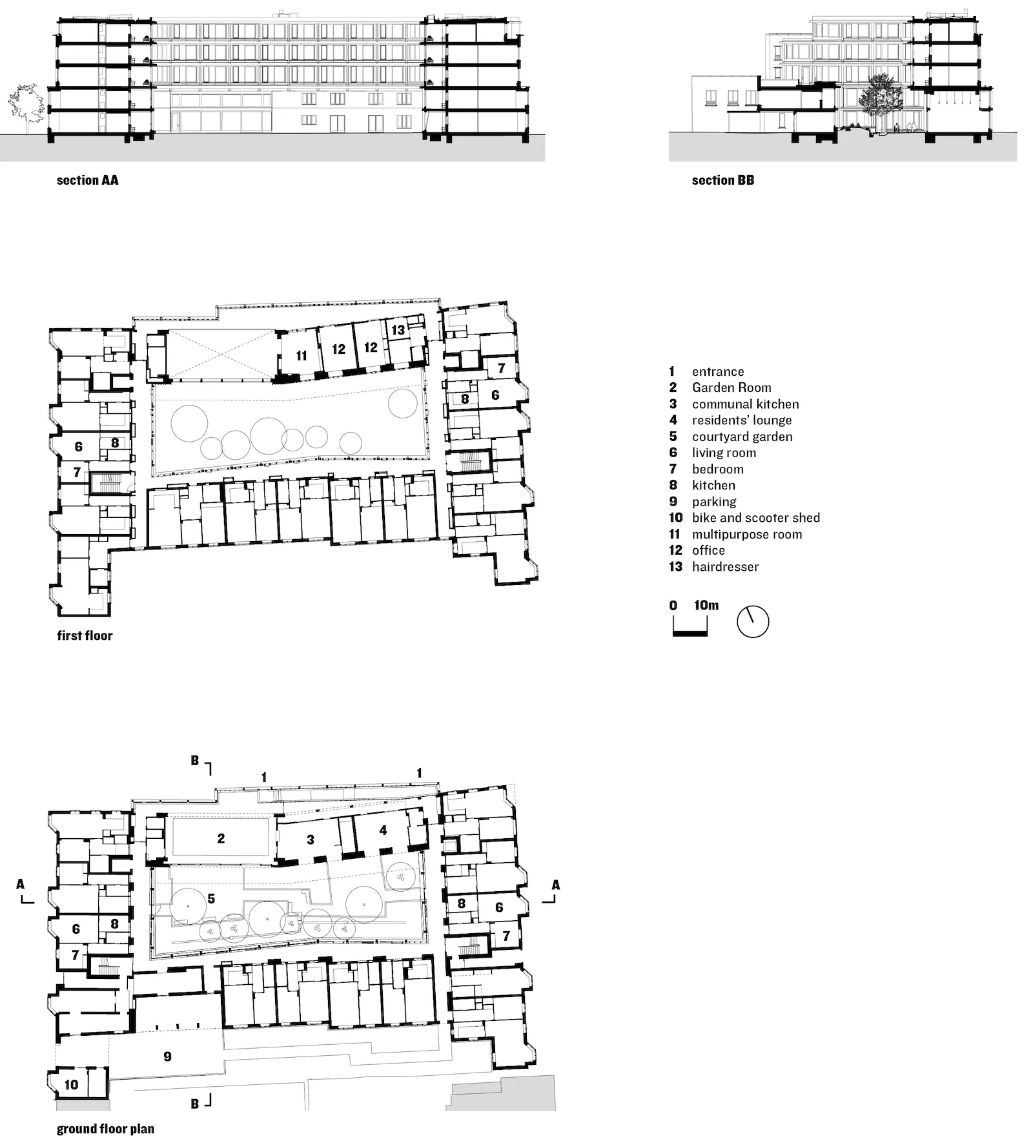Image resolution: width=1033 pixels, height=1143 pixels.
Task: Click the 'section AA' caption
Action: [x=87, y=180]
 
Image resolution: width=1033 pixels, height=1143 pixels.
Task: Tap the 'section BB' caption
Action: [x=722, y=180]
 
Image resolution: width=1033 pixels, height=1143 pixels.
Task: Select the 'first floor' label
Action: [x=85, y=635]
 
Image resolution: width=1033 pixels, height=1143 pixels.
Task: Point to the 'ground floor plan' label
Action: [x=105, y=1129]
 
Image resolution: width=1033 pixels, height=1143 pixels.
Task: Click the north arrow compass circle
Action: [x=753, y=622]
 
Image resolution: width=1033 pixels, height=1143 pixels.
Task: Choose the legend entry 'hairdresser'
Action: [x=725, y=566]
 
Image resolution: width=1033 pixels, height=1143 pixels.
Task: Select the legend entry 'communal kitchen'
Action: [x=745, y=404]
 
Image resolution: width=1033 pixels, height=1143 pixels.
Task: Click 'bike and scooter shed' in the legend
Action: [x=755, y=517]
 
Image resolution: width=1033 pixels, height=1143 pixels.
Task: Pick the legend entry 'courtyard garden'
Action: [x=742, y=437]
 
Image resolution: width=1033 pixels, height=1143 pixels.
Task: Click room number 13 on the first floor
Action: [x=398, y=330]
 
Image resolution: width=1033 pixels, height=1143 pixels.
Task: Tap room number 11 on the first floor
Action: [x=302, y=356]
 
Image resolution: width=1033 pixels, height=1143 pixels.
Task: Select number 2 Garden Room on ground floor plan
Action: [x=221, y=838]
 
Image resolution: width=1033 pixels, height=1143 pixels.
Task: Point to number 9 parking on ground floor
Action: [x=167, y=1056]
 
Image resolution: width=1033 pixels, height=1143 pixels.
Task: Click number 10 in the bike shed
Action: [x=71, y=1084]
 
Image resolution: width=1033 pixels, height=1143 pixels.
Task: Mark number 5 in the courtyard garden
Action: [x=211, y=898]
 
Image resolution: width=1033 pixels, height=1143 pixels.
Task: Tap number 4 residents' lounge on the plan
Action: [x=383, y=830]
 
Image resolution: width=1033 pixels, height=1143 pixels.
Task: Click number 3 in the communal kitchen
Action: [x=311, y=839]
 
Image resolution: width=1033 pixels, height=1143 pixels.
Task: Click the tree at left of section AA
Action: [x=26, y=103]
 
